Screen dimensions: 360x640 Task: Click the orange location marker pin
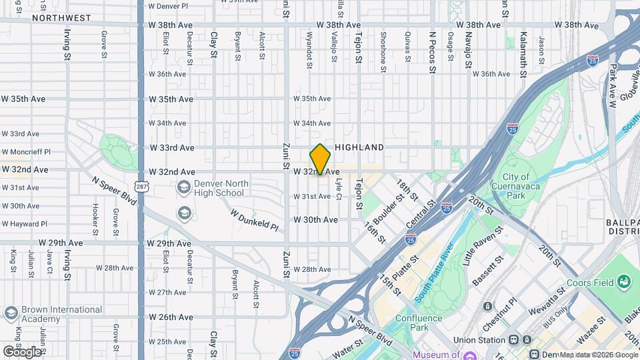[320, 159]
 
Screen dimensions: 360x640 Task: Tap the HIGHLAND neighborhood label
[359, 147]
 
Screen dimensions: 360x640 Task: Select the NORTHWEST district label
[61, 18]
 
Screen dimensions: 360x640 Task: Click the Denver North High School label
[221, 188]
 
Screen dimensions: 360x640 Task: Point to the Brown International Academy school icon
[11, 313]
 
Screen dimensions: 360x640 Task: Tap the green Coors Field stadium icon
[624, 282]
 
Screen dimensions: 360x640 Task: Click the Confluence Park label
[419, 323]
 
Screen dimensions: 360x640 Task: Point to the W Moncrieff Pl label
[26, 152]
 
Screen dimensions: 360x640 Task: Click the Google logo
[22, 351]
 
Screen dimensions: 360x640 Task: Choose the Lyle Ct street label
[339, 191]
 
